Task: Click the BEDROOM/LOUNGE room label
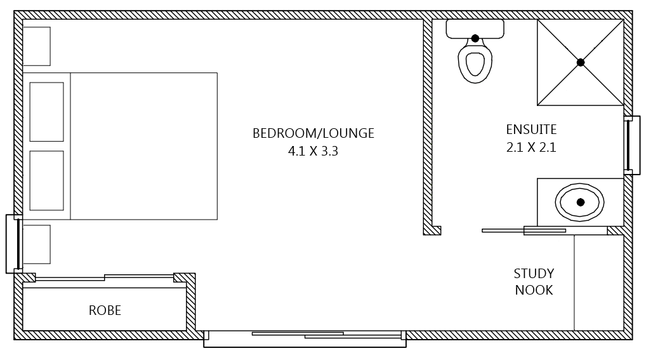coord(313,133)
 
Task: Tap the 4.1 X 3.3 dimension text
coord(313,152)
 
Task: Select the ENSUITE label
coord(531,130)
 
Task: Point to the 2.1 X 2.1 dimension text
coord(531,148)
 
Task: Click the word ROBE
coord(105,310)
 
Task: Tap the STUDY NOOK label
coord(534,282)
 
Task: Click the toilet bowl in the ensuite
coord(475,63)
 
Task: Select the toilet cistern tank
coord(475,28)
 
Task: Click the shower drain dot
coord(580,62)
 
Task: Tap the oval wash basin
coord(580,202)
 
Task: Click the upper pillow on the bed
coord(47,112)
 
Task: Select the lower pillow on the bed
coord(47,180)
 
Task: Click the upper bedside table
coord(36,46)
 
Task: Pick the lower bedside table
coord(36,244)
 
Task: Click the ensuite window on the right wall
coord(628,145)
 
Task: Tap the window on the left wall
coord(14,244)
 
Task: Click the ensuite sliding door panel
coord(524,230)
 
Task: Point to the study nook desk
coord(598,283)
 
